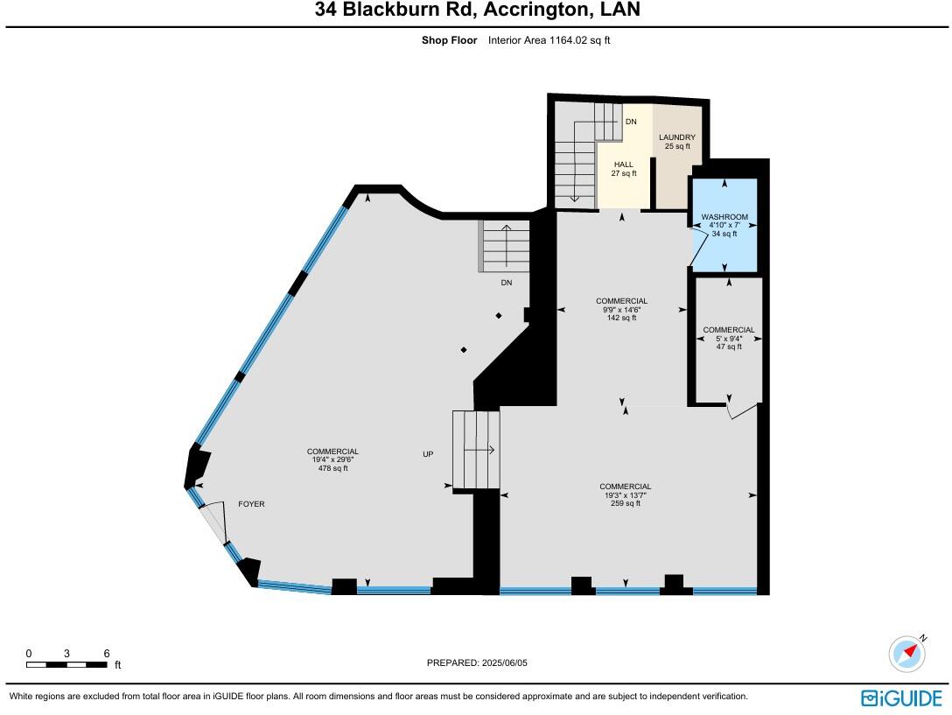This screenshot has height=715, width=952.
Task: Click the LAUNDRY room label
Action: point(677,137)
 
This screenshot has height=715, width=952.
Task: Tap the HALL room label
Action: point(623,165)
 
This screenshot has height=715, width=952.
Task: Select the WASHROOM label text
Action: point(724,216)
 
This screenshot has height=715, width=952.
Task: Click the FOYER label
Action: point(251,504)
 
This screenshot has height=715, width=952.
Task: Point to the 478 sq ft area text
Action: point(332,468)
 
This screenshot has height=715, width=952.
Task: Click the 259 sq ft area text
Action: point(625,503)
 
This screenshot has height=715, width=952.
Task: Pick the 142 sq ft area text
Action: point(621,318)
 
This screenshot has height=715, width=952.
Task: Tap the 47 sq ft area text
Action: point(728,347)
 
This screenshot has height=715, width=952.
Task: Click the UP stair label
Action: point(428,454)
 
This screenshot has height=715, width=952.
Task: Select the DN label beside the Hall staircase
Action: point(630,122)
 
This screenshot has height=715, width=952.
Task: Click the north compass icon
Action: point(907,654)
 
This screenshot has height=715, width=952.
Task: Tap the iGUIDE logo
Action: point(901,697)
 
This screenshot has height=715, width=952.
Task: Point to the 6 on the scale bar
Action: point(106,654)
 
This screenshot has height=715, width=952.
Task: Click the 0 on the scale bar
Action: point(28,654)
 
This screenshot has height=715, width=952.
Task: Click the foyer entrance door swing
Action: point(213,522)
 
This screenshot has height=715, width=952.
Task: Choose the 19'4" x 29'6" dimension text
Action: point(332,459)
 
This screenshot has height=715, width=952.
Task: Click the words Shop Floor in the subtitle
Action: point(449,39)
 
